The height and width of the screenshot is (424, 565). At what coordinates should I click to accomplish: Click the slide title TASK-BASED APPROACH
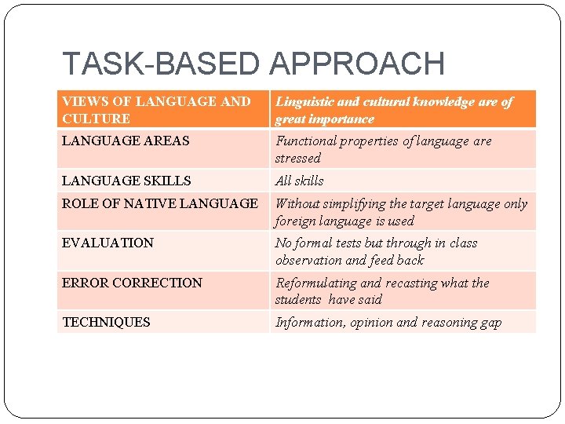pos(253,64)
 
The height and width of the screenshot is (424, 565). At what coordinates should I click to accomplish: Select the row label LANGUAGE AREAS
pos(126,141)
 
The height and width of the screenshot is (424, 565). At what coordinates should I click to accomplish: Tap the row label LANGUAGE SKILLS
pos(126,181)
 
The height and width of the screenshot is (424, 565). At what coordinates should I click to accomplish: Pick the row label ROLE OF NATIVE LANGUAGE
pos(160,203)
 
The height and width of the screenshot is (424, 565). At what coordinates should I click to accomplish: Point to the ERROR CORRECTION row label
pos(132,283)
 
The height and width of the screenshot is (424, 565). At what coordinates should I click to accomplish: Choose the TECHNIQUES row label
pos(106,322)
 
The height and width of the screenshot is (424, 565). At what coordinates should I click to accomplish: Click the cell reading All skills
pos(299,181)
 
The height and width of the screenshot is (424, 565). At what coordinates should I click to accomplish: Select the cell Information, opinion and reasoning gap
pos(388,322)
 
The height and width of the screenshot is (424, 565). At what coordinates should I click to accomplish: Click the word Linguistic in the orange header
pos(304,102)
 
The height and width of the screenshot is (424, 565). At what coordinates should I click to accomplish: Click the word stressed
pos(297,158)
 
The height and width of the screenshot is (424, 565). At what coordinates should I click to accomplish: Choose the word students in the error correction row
pos(298,299)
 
